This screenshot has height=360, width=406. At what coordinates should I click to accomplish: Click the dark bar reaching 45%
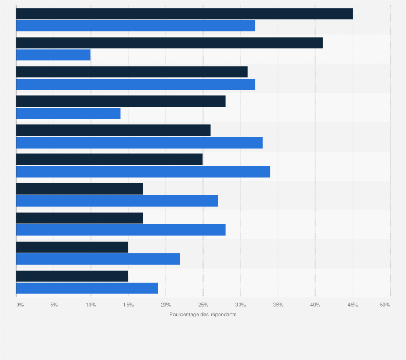(184, 14)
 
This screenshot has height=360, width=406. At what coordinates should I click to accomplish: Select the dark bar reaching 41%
(169, 43)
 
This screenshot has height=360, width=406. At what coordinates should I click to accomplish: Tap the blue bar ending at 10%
(53, 55)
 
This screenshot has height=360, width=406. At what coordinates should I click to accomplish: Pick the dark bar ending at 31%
(132, 72)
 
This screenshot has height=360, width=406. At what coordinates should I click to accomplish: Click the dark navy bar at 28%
(121, 101)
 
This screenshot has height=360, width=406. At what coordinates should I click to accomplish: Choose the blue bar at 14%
(68, 113)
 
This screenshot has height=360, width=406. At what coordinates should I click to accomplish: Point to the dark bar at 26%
(113, 130)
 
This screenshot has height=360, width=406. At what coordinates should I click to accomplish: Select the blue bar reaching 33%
(139, 142)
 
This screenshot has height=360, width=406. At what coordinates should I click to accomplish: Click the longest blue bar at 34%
(143, 171)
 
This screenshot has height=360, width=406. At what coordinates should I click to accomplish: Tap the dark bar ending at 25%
(109, 159)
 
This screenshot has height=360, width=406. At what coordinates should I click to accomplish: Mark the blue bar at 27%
(117, 201)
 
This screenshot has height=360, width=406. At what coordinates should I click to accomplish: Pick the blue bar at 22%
(98, 259)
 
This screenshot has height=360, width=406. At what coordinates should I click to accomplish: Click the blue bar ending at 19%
(87, 288)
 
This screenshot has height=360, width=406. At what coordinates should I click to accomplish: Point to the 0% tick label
(20, 305)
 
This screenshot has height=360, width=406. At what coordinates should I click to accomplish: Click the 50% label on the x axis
(385, 305)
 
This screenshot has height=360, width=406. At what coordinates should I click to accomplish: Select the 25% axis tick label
(203, 305)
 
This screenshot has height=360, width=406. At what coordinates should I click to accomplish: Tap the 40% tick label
(315, 305)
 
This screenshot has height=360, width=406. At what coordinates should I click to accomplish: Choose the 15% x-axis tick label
(128, 305)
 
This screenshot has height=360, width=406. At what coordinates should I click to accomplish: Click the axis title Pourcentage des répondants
(202, 315)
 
